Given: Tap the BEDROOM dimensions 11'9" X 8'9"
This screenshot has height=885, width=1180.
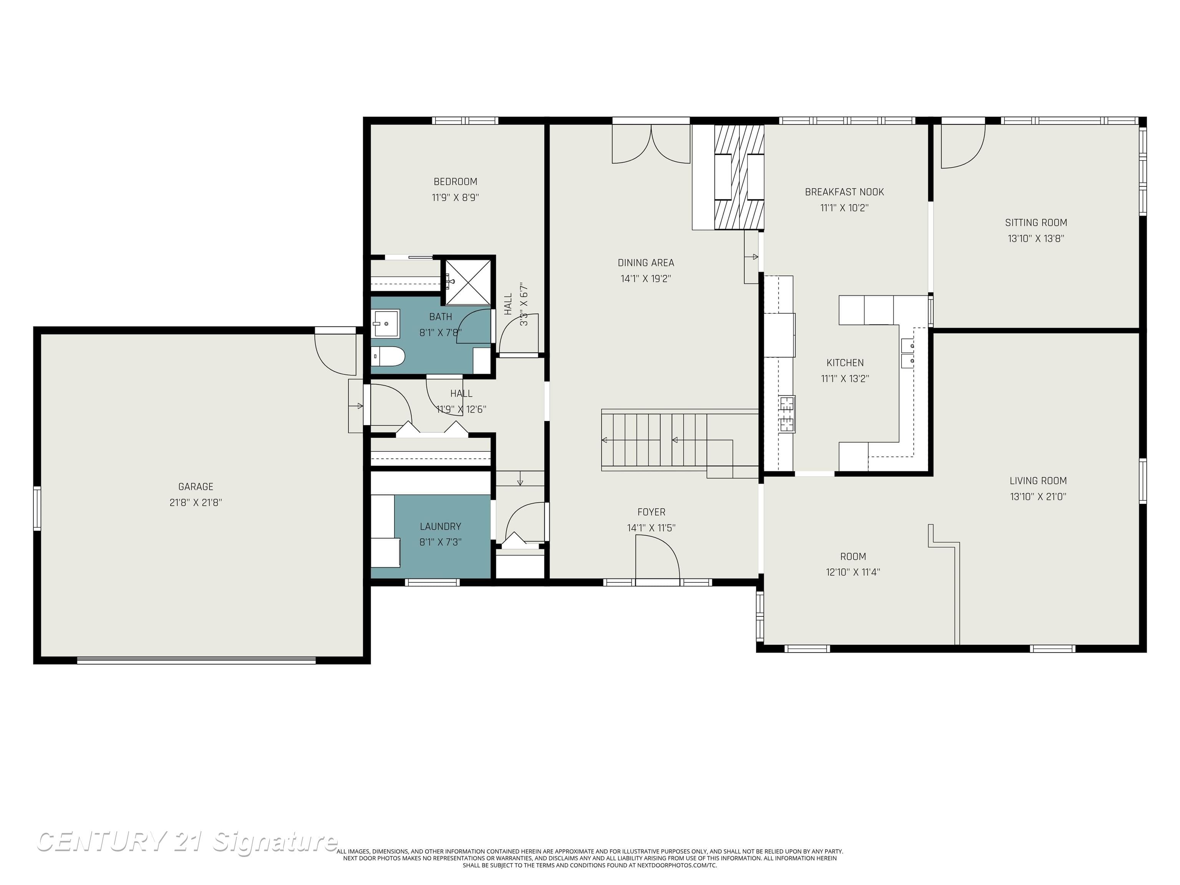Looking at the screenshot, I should (x=455, y=197).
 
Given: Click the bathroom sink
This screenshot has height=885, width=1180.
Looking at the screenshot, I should (x=386, y=323).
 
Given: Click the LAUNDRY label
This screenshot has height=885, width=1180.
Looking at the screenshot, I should (x=440, y=527).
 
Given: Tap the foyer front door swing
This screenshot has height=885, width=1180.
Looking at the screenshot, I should (x=657, y=557).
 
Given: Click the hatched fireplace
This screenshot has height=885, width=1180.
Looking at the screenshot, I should (x=739, y=177).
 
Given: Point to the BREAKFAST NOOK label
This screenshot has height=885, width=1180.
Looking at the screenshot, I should (x=844, y=192).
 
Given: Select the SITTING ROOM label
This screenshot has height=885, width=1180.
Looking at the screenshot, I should (x=1036, y=222).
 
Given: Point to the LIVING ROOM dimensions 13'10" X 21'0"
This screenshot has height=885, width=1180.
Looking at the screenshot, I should (x=1037, y=497).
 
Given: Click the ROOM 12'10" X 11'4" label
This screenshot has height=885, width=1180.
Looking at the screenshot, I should (x=852, y=564).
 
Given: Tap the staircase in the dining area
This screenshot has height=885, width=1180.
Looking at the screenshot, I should (x=667, y=440).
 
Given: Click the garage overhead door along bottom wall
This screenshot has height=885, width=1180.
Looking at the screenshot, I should (x=196, y=660).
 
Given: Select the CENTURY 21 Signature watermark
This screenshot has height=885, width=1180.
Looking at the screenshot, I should (x=187, y=842).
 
